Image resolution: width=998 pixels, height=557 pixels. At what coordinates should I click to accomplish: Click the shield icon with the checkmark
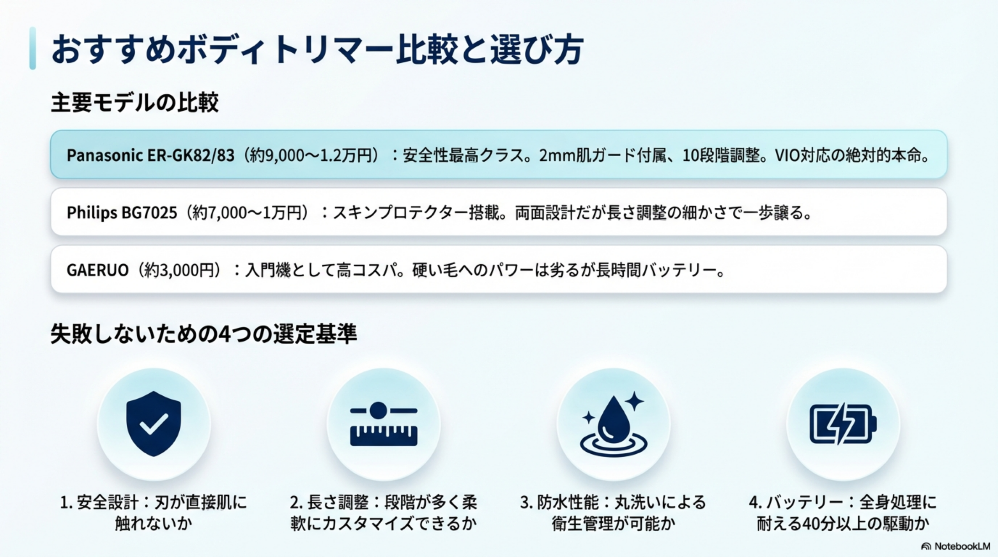point(154,423)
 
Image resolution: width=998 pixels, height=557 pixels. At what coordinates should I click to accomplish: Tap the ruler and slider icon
point(384,424)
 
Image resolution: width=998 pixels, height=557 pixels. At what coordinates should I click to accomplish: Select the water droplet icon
point(613,424)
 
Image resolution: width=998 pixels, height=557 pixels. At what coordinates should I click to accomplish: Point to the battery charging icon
point(843,424)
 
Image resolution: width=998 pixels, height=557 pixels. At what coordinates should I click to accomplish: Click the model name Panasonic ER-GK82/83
point(150,155)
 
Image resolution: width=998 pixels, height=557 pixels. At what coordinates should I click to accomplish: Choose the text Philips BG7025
point(122,213)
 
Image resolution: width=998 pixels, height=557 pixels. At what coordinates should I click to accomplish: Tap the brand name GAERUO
point(97,270)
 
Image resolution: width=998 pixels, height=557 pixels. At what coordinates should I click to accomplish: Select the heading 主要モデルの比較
point(135,103)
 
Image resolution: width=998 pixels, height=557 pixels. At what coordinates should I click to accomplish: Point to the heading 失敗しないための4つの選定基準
point(203,334)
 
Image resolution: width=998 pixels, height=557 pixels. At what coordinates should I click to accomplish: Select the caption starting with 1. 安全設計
point(154,513)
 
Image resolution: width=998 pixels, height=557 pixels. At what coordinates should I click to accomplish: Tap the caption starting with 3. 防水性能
point(613,513)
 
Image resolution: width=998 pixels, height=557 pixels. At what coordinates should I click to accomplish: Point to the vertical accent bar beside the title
point(33,48)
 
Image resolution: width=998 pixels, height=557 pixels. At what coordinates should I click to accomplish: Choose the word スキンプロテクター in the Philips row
point(401,213)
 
